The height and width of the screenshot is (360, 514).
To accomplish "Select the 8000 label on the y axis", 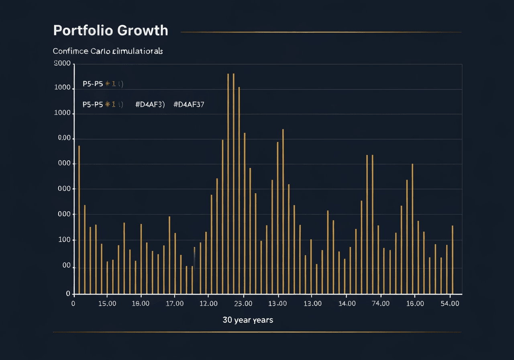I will pyautogui.click(x=62, y=63).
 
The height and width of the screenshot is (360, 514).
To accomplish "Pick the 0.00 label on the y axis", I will pyautogui.click(x=64, y=138).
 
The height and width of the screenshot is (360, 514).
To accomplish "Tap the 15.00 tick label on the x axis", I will pyautogui.click(x=107, y=304).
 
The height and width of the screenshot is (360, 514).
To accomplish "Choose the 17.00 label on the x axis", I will pyautogui.click(x=175, y=304).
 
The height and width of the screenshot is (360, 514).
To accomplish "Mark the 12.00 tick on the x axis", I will pyautogui.click(x=208, y=304).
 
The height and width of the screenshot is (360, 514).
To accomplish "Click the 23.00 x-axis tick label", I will pyautogui.click(x=243, y=304).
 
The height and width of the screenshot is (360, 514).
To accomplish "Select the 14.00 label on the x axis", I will pyautogui.click(x=347, y=304).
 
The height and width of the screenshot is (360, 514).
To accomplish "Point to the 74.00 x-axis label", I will pyautogui.click(x=380, y=304).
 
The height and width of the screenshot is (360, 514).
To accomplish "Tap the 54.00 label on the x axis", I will pyautogui.click(x=450, y=304).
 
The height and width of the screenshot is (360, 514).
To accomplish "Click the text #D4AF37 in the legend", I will pyautogui.click(x=189, y=104).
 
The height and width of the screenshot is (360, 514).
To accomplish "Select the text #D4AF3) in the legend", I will pyautogui.click(x=150, y=104).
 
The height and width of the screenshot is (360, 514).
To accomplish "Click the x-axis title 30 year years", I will pyautogui.click(x=248, y=320).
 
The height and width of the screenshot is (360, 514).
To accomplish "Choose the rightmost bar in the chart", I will pyautogui.click(x=453, y=260).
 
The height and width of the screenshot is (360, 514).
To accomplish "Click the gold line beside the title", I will pyautogui.click(x=321, y=32).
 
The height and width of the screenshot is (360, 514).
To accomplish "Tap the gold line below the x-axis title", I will pyautogui.click(x=257, y=332).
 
